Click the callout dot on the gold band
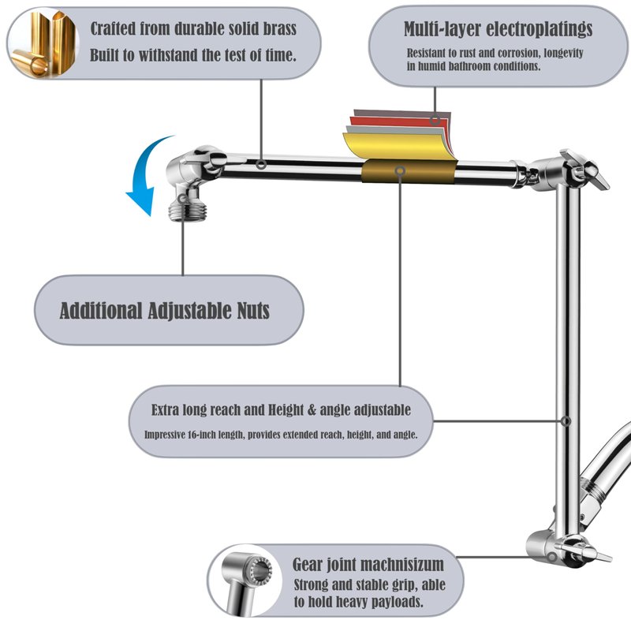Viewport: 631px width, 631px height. pos(400,170)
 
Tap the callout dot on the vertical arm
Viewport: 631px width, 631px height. pos(566,420)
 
